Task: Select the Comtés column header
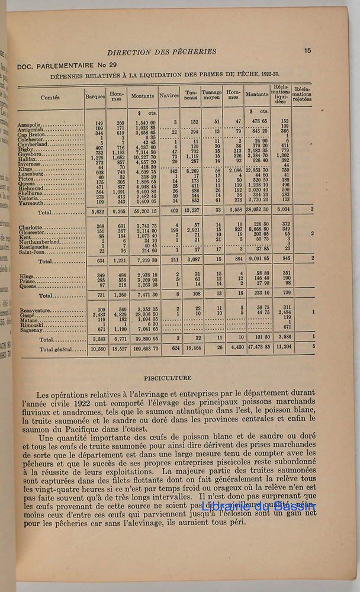coord(52,98)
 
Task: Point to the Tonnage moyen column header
coord(211,96)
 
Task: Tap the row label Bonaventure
coord(37,308)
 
